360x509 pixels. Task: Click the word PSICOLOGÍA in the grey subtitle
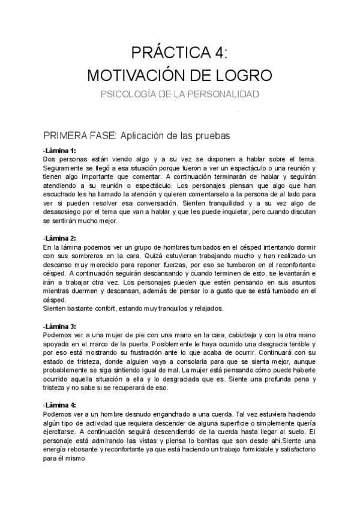131,94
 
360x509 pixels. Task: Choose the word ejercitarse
62,431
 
